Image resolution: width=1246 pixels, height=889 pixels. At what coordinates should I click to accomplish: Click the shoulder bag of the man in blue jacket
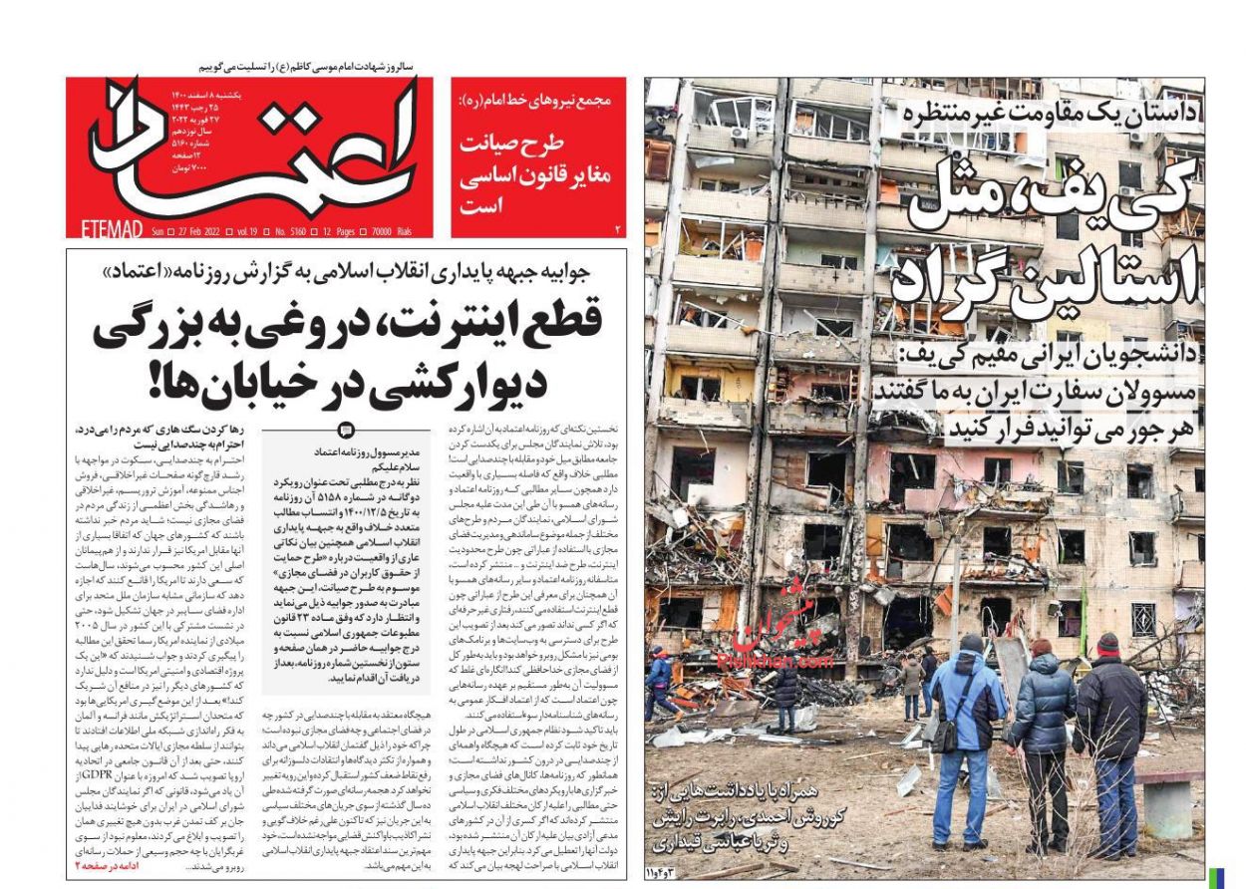click(x=943, y=737)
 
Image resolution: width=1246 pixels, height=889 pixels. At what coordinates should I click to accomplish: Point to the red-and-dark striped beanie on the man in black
click(x=1107, y=643)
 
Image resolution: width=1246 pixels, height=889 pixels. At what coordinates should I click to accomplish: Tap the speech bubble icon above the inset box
click(x=346, y=431)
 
